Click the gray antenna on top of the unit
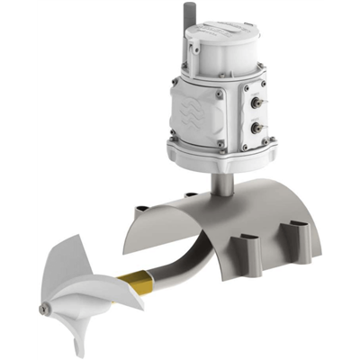pyautogui.click(x=191, y=19)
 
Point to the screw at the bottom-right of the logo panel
pyautogui.click(x=221, y=142)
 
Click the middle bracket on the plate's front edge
pyautogui.click(x=250, y=248)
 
